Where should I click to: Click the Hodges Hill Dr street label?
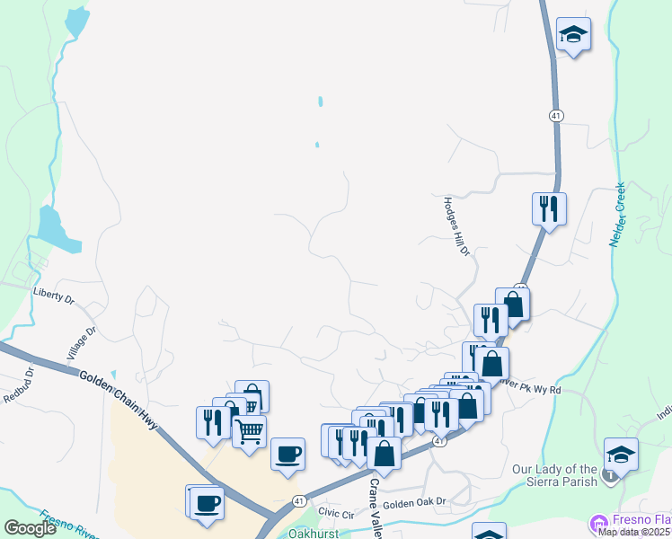(x=455, y=225)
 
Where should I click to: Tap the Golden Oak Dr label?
(x=414, y=504)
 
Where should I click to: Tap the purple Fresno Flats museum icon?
(x=598, y=522)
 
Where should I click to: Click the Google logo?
(x=30, y=528)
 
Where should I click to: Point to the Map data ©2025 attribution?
(x=634, y=532)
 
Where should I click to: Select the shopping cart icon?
(x=249, y=430)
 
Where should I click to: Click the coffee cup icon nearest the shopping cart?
(x=287, y=453)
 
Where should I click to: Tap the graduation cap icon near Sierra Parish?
(x=620, y=453)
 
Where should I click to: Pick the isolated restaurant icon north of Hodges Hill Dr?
(x=548, y=208)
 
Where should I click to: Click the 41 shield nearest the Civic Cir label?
(x=300, y=500)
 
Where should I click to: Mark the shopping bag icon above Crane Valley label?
(x=384, y=454)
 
